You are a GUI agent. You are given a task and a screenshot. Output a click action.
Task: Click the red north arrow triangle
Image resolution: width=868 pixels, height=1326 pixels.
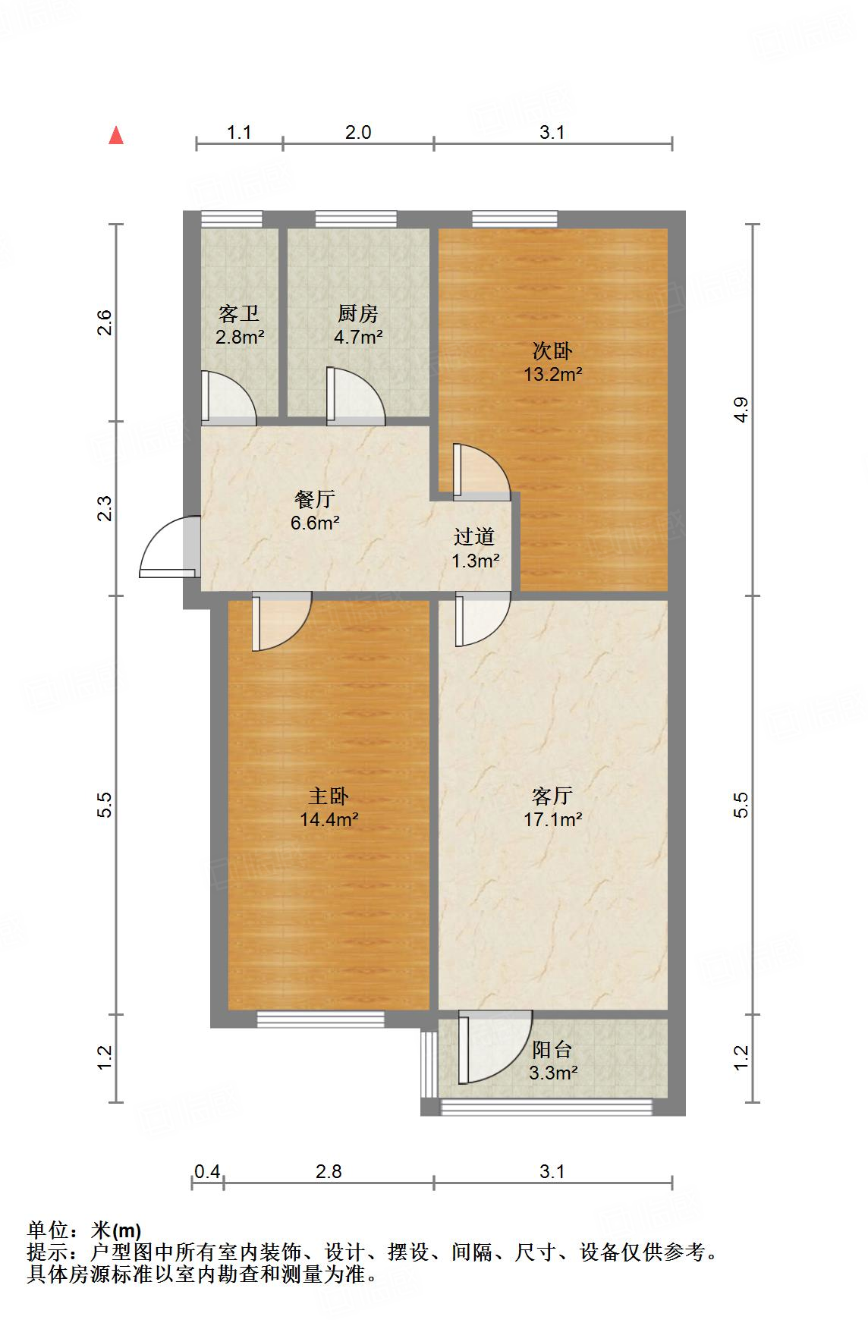click(x=116, y=135)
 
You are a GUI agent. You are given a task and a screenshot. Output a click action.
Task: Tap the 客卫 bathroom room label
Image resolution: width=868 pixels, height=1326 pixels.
click(x=238, y=314)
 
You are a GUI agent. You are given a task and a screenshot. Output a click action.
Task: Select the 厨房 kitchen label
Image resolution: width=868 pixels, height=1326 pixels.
click(x=357, y=314)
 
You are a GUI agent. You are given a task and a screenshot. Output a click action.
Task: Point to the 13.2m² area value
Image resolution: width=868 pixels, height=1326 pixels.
click(x=552, y=374)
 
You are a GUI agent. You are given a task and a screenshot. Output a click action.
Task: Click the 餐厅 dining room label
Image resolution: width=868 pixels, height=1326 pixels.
click(x=315, y=500)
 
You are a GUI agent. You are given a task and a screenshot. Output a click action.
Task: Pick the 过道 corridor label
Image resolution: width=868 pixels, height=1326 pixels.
click(x=474, y=537)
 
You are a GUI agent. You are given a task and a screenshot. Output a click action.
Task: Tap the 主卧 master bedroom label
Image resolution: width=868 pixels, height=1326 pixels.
click(x=329, y=797)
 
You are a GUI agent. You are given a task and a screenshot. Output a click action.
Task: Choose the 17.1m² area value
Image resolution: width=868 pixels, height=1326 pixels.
click(x=552, y=819)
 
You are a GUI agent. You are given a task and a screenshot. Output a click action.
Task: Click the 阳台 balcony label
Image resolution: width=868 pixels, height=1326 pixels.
click(x=552, y=1050)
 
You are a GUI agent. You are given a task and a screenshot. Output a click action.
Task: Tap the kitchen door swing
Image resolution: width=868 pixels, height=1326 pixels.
click(x=356, y=395)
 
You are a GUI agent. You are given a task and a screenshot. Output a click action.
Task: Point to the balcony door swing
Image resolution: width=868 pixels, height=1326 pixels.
click(x=495, y=1046)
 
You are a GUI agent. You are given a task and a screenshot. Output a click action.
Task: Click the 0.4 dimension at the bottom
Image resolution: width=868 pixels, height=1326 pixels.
click(x=207, y=1172)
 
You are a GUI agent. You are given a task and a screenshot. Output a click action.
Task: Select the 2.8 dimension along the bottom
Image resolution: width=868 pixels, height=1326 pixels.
click(x=329, y=1172)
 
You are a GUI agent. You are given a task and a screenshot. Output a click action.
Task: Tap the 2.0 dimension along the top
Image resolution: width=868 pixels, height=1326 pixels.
click(x=358, y=133)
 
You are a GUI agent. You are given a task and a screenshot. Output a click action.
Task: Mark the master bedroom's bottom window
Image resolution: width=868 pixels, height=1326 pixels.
click(x=320, y=1020)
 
